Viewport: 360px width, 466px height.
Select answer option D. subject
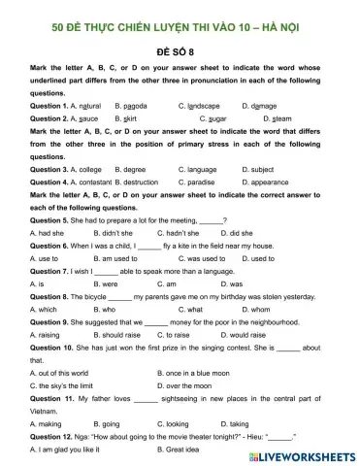(x=262, y=169)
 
